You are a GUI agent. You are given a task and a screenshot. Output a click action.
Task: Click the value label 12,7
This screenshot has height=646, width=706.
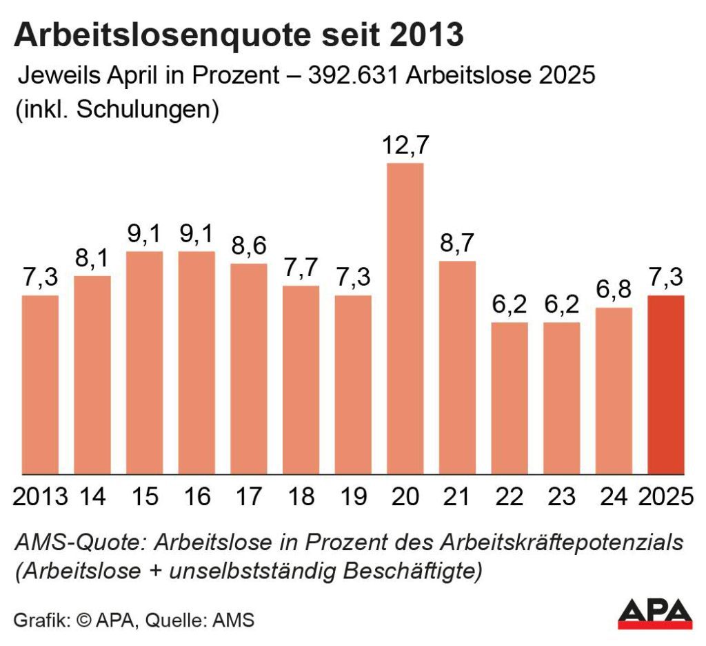click(405, 147)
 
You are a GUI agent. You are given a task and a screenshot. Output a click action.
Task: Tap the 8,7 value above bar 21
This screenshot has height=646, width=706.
click(458, 244)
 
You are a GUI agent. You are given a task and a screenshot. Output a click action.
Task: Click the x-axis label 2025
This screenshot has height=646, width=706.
click(665, 496)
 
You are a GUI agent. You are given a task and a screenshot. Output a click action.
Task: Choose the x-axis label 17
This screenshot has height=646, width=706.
click(249, 496)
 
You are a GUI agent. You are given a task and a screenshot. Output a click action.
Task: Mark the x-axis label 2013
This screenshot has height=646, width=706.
click(41, 496)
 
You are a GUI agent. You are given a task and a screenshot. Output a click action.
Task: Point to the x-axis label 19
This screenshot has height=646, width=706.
click(353, 496)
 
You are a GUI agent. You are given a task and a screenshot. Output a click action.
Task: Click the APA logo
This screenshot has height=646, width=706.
click(654, 613)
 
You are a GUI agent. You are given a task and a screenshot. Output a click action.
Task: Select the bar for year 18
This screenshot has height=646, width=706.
click(301, 380)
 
